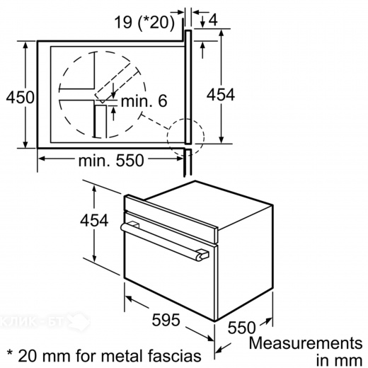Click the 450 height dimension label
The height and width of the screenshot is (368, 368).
coord(18,97)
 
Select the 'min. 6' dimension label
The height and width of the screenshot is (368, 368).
coord(143,102)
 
